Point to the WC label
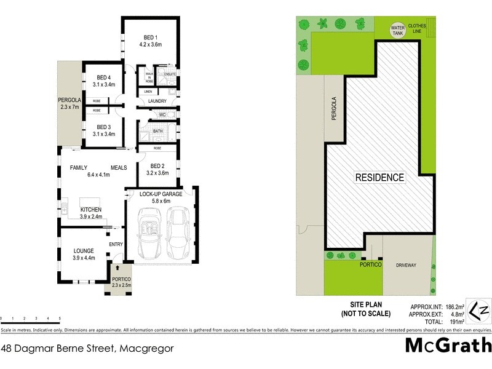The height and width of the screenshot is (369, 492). click(x=162, y=114)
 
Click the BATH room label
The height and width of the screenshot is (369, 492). click(x=157, y=130)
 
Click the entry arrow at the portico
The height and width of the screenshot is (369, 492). click(x=117, y=268)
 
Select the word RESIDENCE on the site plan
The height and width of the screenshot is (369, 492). click(x=379, y=178)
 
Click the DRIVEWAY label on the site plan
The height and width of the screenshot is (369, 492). click(x=406, y=265)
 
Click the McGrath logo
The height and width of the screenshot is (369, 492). click(x=448, y=346)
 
